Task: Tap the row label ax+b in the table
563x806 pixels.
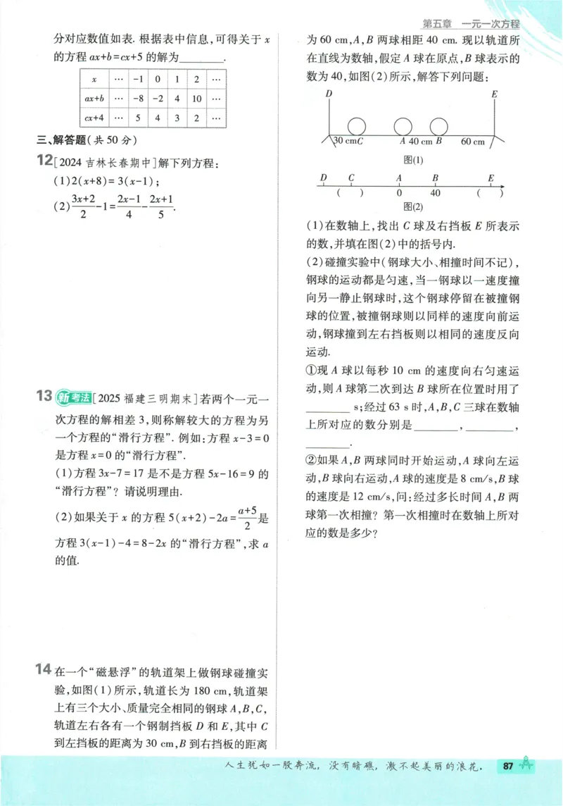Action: tap(94, 99)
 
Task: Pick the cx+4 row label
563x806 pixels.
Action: tap(94, 118)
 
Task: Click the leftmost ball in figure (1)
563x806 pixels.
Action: tap(357, 126)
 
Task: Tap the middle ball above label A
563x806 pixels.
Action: tap(403, 126)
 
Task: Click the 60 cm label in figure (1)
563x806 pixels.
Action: tap(472, 142)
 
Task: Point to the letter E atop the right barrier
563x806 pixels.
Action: tap(495, 94)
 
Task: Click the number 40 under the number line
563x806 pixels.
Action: tap(435, 192)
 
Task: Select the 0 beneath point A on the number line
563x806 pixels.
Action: tap(399, 192)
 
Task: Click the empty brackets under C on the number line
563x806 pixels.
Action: tap(350, 192)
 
